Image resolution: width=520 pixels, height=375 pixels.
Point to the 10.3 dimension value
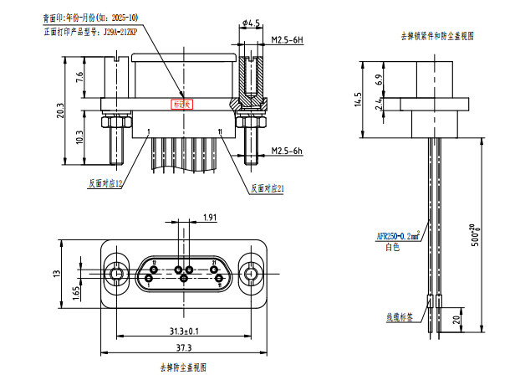(79, 136)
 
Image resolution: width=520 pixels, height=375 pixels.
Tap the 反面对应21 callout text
(267, 188)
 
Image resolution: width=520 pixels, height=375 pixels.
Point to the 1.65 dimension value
(77, 292)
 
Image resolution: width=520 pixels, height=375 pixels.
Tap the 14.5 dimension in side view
(358, 100)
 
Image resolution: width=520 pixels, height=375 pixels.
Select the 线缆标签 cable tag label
(398, 318)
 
